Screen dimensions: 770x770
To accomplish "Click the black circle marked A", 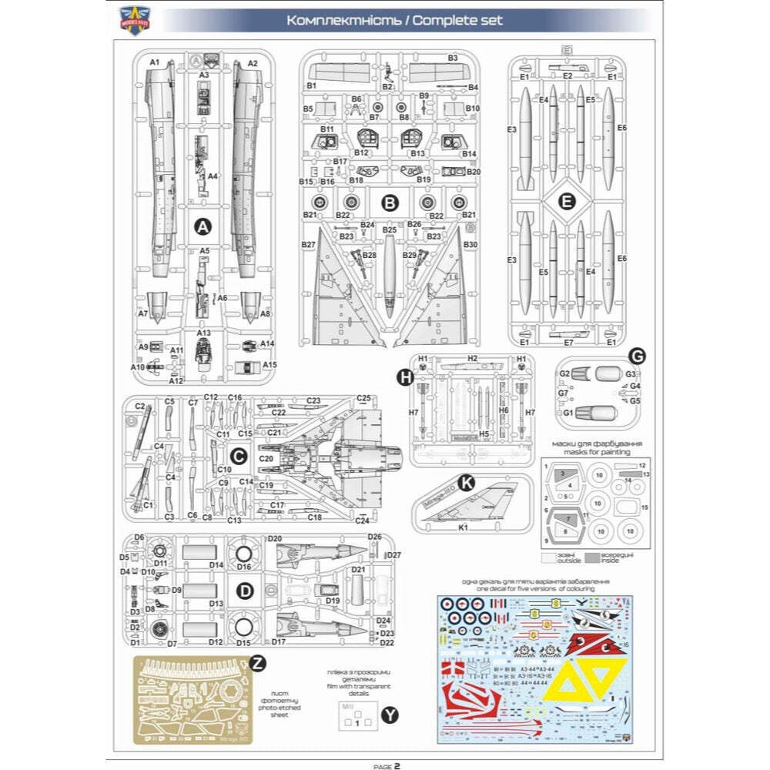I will (203, 226).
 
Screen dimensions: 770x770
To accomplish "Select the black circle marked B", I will (390, 203).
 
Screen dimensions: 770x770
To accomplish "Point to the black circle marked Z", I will (259, 663).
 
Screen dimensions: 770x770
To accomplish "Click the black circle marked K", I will (466, 483).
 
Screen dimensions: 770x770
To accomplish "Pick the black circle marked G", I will (637, 356).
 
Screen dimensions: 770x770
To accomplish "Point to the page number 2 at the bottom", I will (397, 766).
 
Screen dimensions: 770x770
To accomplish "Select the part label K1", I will (464, 528).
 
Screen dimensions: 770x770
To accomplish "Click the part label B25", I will (389, 229).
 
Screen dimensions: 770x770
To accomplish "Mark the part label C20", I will (266, 459).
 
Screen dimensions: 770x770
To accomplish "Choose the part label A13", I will (203, 333).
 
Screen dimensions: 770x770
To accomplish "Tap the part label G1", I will (568, 413).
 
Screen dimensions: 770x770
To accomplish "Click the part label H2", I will (472, 359).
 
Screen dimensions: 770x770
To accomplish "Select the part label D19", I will (333, 601).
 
